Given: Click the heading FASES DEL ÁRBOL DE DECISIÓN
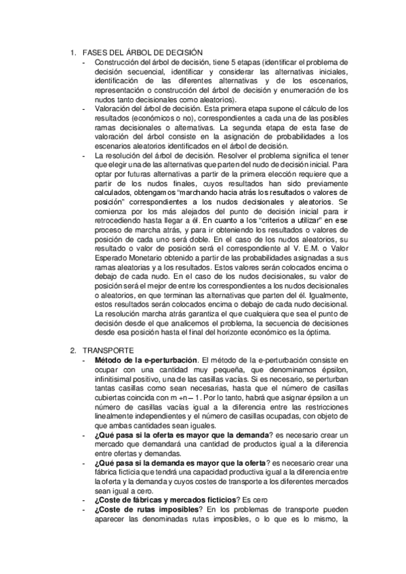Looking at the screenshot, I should point(142,53).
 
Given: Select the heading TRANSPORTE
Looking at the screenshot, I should point(108,350).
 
